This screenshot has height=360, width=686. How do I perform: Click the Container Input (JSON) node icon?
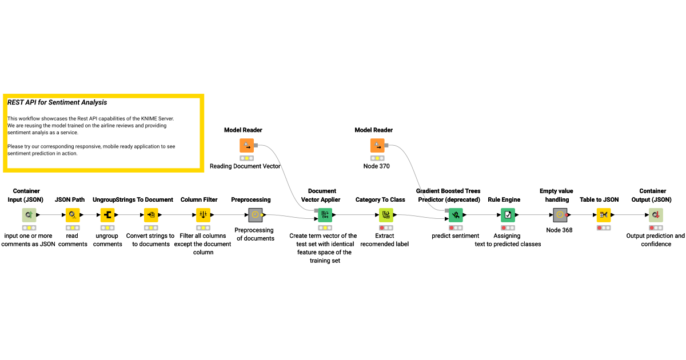point(29,215)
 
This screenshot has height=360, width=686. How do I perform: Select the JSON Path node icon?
point(73,215)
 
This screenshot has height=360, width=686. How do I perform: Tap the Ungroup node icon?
point(108,215)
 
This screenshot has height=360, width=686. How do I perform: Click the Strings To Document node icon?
point(151,215)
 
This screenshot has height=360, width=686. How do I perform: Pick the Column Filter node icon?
point(204,215)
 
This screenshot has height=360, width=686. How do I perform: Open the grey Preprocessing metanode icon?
point(256,215)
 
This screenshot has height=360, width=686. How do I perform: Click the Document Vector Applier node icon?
point(325,215)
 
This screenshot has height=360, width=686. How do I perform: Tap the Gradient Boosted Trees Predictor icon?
point(456,215)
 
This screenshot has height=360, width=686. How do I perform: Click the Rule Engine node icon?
point(508,215)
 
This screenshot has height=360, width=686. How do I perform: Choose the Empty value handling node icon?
point(560,215)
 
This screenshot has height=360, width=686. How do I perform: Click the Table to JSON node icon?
point(604,215)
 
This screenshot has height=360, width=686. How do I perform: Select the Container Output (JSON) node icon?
point(656,215)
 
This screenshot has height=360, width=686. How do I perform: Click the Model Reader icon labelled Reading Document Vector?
point(247,146)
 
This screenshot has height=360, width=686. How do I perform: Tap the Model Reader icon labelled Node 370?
point(377,146)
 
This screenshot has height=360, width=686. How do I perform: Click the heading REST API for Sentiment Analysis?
point(57,103)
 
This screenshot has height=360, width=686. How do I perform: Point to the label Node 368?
point(560,230)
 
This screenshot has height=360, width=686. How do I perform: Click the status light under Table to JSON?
point(604,227)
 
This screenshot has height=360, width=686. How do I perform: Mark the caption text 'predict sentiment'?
point(455,235)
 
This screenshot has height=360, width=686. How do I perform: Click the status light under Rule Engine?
point(508,227)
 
